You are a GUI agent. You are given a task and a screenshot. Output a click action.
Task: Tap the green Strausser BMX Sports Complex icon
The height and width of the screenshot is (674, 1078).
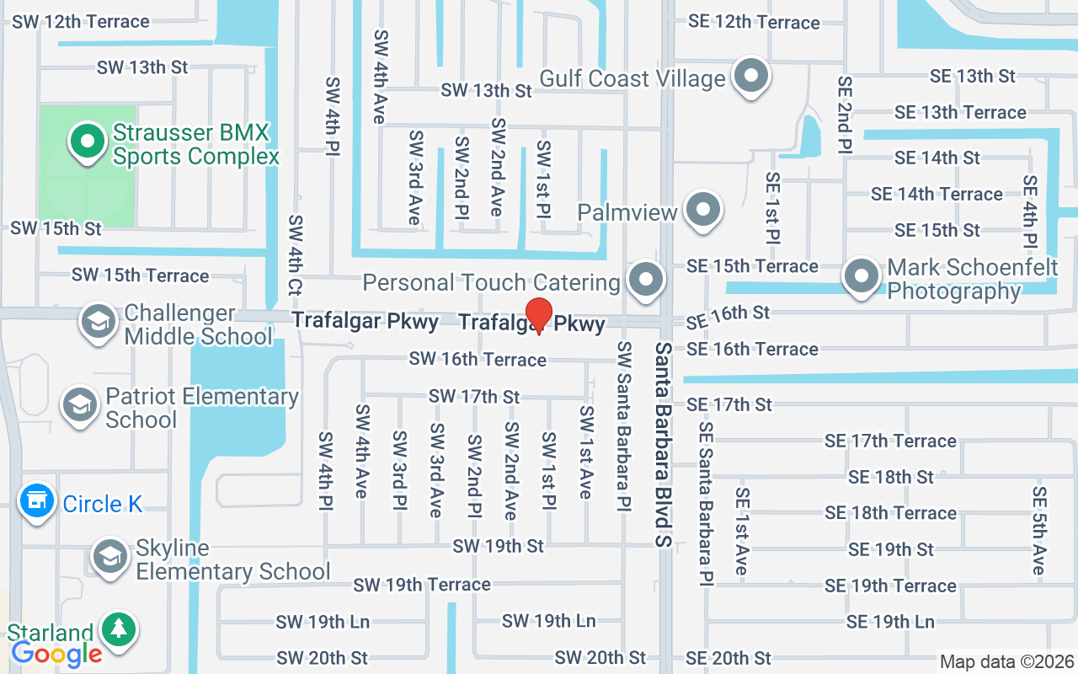[x=85, y=142]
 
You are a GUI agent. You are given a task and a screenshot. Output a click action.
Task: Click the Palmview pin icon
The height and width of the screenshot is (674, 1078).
[x=702, y=210]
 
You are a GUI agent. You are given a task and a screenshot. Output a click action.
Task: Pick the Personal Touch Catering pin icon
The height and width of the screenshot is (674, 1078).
[x=646, y=280]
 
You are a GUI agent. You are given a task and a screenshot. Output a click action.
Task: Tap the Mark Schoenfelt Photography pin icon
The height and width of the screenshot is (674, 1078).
[x=861, y=277]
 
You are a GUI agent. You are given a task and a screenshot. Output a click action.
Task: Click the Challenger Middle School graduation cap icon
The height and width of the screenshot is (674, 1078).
[x=99, y=323]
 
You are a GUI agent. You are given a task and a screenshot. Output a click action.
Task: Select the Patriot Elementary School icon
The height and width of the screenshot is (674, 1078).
[x=80, y=405]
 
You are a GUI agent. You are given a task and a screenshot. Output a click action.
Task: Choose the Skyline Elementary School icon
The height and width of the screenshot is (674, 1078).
[x=109, y=557]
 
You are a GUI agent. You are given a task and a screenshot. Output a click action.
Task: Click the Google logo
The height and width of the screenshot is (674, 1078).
[x=56, y=653]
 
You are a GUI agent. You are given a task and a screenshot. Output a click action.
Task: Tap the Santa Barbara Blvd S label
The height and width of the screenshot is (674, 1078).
[x=664, y=444]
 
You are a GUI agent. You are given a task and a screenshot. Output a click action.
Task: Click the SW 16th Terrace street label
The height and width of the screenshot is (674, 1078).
[x=478, y=360]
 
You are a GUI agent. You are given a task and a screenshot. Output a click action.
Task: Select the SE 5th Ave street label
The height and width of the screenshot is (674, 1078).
[x=1039, y=531]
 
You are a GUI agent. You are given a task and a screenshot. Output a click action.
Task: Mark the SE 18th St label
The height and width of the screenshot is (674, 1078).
[x=891, y=477]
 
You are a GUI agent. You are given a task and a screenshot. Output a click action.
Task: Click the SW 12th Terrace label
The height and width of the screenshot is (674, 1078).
[x=81, y=21]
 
